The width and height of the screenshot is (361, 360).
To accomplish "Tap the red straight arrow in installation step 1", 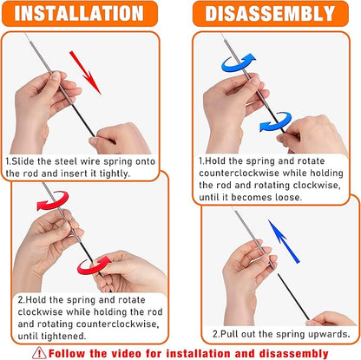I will (85, 70).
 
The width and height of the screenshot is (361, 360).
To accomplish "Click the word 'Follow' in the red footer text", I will (69, 353).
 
